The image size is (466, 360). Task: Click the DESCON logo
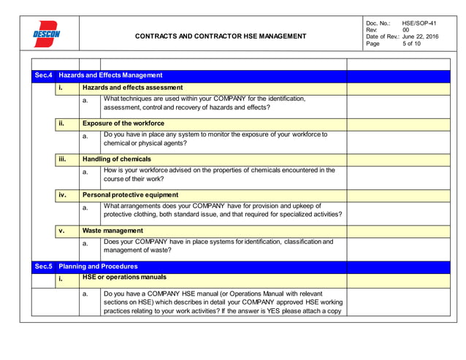46,34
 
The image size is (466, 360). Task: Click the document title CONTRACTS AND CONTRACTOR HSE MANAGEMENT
221,36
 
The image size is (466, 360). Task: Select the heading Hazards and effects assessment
132,88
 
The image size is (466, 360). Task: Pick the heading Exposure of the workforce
123,123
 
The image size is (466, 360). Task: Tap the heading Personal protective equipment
130,195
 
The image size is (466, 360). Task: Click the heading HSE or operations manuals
123,277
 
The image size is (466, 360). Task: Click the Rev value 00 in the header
406,30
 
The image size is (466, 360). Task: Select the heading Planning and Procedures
98,267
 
